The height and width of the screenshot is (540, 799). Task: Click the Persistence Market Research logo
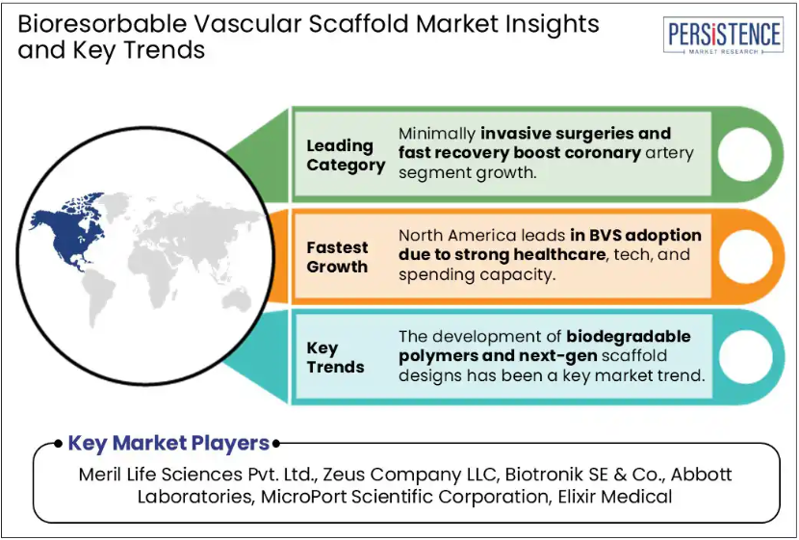coord(724,36)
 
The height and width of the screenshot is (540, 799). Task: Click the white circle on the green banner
coord(744,154)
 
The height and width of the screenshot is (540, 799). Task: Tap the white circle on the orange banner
coord(745,256)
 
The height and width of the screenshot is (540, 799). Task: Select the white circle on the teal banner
coord(745,356)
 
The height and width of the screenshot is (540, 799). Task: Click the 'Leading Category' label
coord(346,155)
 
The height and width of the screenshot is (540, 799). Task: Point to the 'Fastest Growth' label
coord(337,257)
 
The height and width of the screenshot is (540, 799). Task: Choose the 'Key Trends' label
coord(335,358)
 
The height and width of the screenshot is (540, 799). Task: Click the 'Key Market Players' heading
coord(168,443)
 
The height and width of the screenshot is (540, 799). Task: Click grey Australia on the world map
coord(237,299)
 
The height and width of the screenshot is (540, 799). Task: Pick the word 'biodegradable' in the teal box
coord(629,337)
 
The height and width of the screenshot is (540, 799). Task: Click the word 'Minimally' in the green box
coord(437,134)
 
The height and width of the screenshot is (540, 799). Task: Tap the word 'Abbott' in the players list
coord(701,475)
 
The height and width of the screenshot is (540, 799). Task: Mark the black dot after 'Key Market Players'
coord(275,444)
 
